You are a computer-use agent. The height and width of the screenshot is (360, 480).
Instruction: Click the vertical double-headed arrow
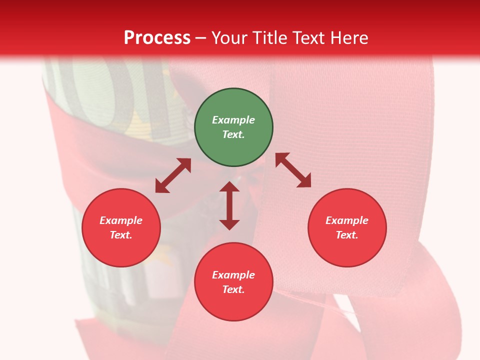click(229, 205)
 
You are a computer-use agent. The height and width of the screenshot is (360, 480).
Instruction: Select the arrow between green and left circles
click(173, 175)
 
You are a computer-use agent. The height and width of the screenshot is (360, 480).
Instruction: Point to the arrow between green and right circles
click(293, 170)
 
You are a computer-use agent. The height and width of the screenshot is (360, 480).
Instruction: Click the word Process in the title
click(157, 38)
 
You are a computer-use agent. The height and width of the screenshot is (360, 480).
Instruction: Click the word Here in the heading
click(349, 38)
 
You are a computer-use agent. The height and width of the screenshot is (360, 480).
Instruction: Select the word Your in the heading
click(229, 38)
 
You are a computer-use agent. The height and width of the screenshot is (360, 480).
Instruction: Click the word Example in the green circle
click(233, 120)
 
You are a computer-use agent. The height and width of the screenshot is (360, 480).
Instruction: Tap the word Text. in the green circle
click(233, 134)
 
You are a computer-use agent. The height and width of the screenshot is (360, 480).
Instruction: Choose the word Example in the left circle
click(121, 220)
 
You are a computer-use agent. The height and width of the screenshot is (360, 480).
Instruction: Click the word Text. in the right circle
click(347, 235)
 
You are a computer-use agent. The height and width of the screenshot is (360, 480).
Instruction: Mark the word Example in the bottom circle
click(233, 275)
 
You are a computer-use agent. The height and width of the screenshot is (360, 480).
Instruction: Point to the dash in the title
click(201, 38)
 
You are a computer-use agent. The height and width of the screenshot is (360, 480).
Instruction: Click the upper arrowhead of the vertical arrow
click(229, 186)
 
